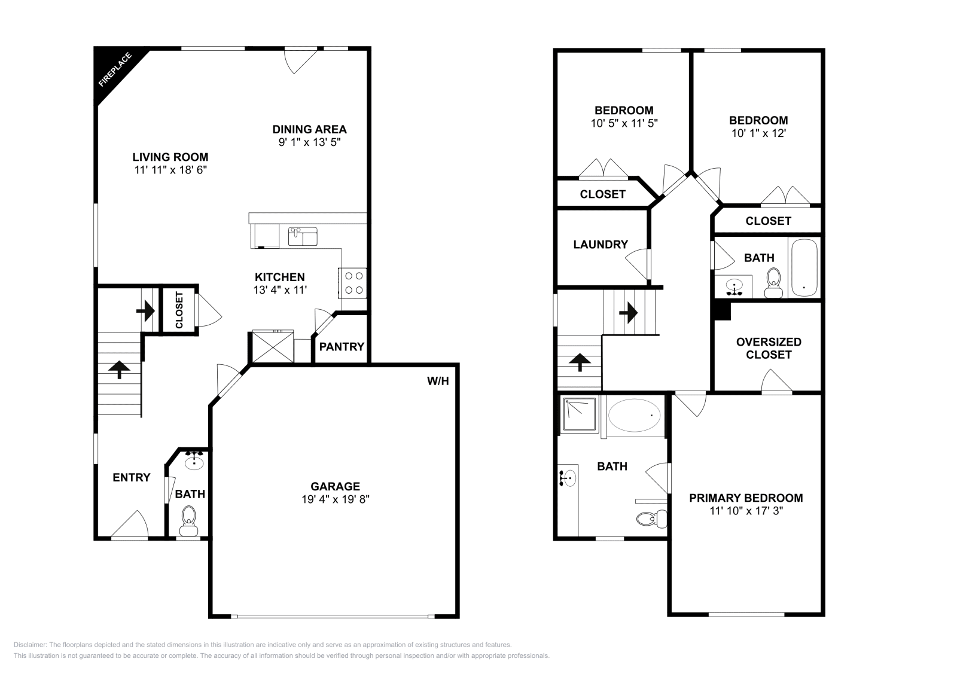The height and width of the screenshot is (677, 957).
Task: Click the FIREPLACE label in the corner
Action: tap(115, 69)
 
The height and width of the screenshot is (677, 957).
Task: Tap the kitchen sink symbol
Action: tap(303, 236)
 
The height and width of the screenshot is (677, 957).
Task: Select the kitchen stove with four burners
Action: tap(353, 283)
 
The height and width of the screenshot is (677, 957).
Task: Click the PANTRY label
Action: tap(342, 346)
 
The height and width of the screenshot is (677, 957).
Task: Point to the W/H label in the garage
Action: tap(437, 381)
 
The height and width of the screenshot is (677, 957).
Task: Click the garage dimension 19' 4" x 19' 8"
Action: tap(336, 499)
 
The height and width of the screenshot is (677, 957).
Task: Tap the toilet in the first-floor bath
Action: tap(189, 519)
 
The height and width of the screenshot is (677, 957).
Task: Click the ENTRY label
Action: tap(132, 477)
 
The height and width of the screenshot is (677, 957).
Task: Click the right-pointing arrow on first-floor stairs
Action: tap(145, 310)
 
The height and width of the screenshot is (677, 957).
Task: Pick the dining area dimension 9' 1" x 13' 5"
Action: tap(309, 142)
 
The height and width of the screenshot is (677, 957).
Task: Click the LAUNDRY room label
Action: tap(601, 244)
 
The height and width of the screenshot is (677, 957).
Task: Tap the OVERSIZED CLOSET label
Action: tap(769, 348)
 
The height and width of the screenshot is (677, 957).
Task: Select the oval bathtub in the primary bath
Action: tap(635, 413)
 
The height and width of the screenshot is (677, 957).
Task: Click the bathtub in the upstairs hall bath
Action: tap(804, 267)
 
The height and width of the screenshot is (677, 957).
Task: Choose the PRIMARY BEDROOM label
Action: tap(746, 498)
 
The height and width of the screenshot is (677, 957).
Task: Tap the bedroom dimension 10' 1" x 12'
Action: tap(758, 133)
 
